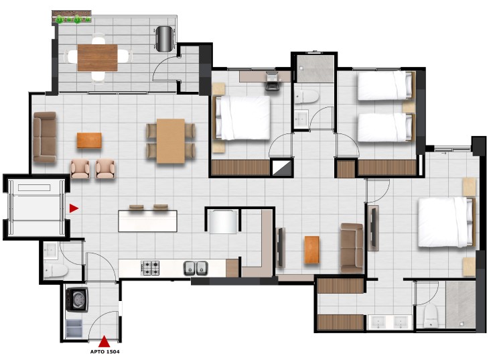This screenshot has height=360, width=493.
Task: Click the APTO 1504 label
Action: point(104,351)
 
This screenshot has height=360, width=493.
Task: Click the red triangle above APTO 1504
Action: point(104,341)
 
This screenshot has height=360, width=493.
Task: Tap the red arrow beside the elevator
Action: point(74,208)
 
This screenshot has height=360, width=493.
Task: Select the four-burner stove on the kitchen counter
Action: point(150,267)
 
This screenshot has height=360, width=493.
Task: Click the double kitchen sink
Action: point(196,268)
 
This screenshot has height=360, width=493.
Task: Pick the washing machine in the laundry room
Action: point(77,299)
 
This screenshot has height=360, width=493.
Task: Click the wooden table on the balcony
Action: point(98,58)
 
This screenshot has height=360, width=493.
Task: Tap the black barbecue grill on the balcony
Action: point(165,39)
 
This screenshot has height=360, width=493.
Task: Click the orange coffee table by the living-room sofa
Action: point(89,140)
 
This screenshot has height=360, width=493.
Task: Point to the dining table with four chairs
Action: point(171,141)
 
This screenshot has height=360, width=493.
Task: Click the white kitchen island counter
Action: point(147,221)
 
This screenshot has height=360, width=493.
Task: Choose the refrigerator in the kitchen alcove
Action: point(223,221)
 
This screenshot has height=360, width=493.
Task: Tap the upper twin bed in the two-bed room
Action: point(385,86)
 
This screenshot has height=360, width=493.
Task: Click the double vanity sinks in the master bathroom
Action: point(390,322)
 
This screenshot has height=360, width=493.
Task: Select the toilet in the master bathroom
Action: point(431,316)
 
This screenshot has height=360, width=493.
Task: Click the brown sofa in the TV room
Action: point(352,248)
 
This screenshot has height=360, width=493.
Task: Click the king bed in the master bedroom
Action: point(446,221)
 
